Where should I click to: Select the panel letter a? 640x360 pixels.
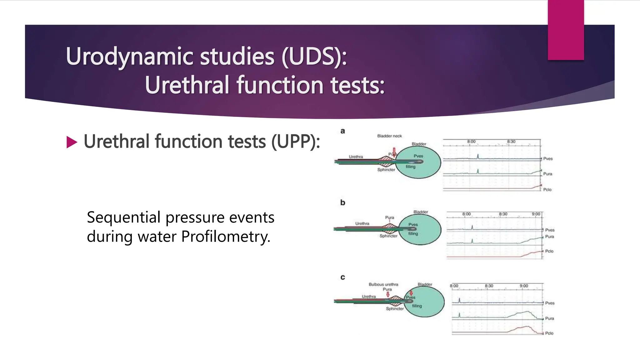click(343, 131)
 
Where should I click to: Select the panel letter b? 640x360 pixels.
click(343, 202)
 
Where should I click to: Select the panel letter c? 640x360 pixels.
click(343, 277)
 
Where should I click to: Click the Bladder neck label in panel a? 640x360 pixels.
click(389, 136)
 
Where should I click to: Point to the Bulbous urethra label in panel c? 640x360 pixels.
click(383, 284)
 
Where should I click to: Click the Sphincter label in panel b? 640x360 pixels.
click(388, 236)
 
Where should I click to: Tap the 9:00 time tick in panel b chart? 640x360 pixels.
click(536, 214)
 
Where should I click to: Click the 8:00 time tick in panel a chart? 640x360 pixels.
click(471, 142)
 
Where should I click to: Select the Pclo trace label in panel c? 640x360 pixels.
click(549, 333)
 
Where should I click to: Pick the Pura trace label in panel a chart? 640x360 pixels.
click(547, 174)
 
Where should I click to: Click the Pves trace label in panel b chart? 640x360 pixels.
click(550, 230)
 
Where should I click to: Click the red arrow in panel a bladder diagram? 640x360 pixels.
click(394, 152)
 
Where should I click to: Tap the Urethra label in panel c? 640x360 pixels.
click(369, 296)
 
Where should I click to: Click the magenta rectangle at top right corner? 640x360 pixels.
click(566, 30)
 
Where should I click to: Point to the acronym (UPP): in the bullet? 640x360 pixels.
click(295, 142)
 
